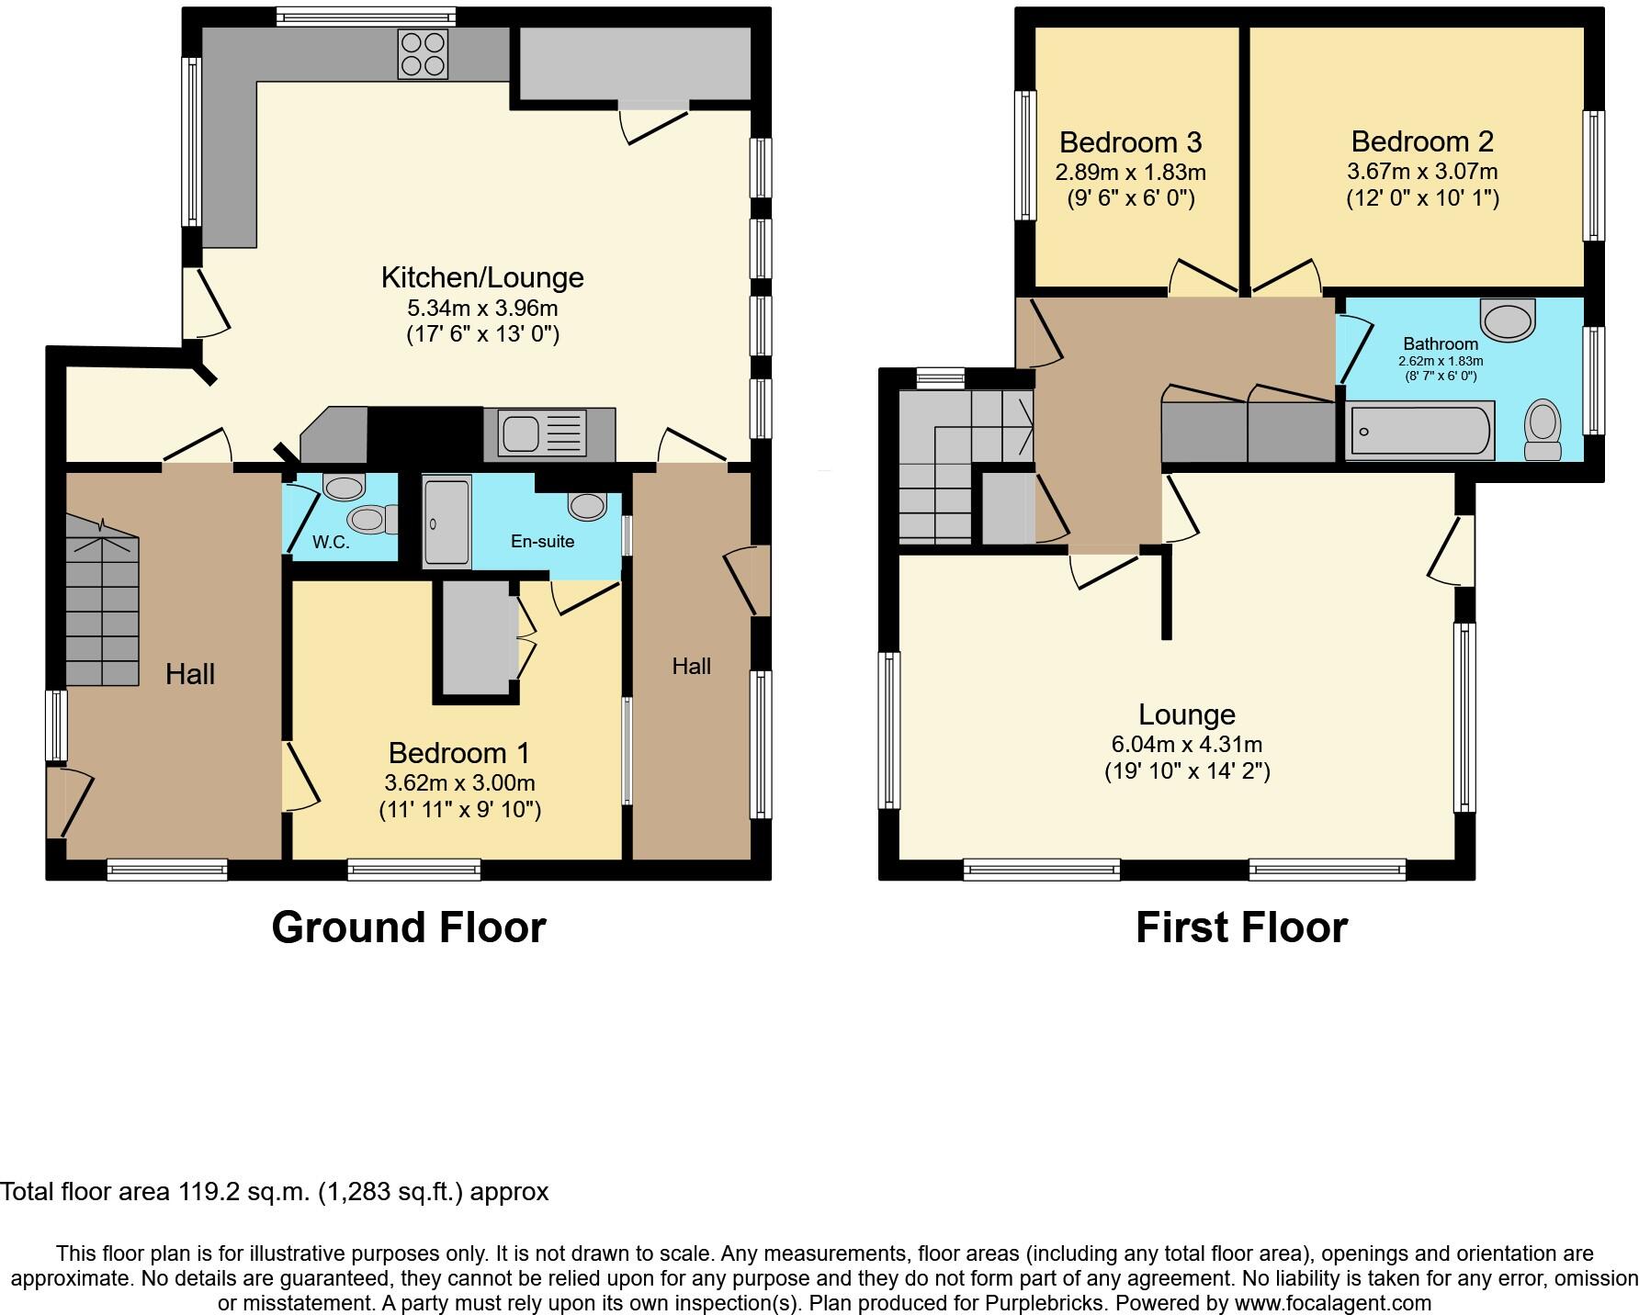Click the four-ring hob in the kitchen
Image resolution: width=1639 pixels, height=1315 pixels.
423,54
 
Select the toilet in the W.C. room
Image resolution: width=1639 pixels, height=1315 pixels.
373,520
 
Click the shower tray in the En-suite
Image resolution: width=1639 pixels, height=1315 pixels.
446,521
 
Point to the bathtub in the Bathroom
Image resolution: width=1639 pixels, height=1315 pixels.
1419,432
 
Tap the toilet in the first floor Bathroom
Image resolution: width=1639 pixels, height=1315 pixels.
1543,429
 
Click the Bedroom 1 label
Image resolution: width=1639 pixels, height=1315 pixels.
458,753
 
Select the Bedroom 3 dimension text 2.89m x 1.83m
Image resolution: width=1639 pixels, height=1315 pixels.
1130,172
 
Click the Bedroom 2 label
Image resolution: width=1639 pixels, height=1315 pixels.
1421,141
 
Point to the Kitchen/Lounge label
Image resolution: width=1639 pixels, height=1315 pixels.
481,277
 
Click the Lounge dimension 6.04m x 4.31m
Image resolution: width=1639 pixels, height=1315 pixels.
1186,744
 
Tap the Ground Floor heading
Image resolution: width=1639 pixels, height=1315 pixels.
409,927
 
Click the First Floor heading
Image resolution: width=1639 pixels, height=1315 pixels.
1241,927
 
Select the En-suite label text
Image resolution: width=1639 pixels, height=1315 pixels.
542,541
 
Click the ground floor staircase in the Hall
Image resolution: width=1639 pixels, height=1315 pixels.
101,611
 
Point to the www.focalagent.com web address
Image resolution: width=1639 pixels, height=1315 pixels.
1332,1302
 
